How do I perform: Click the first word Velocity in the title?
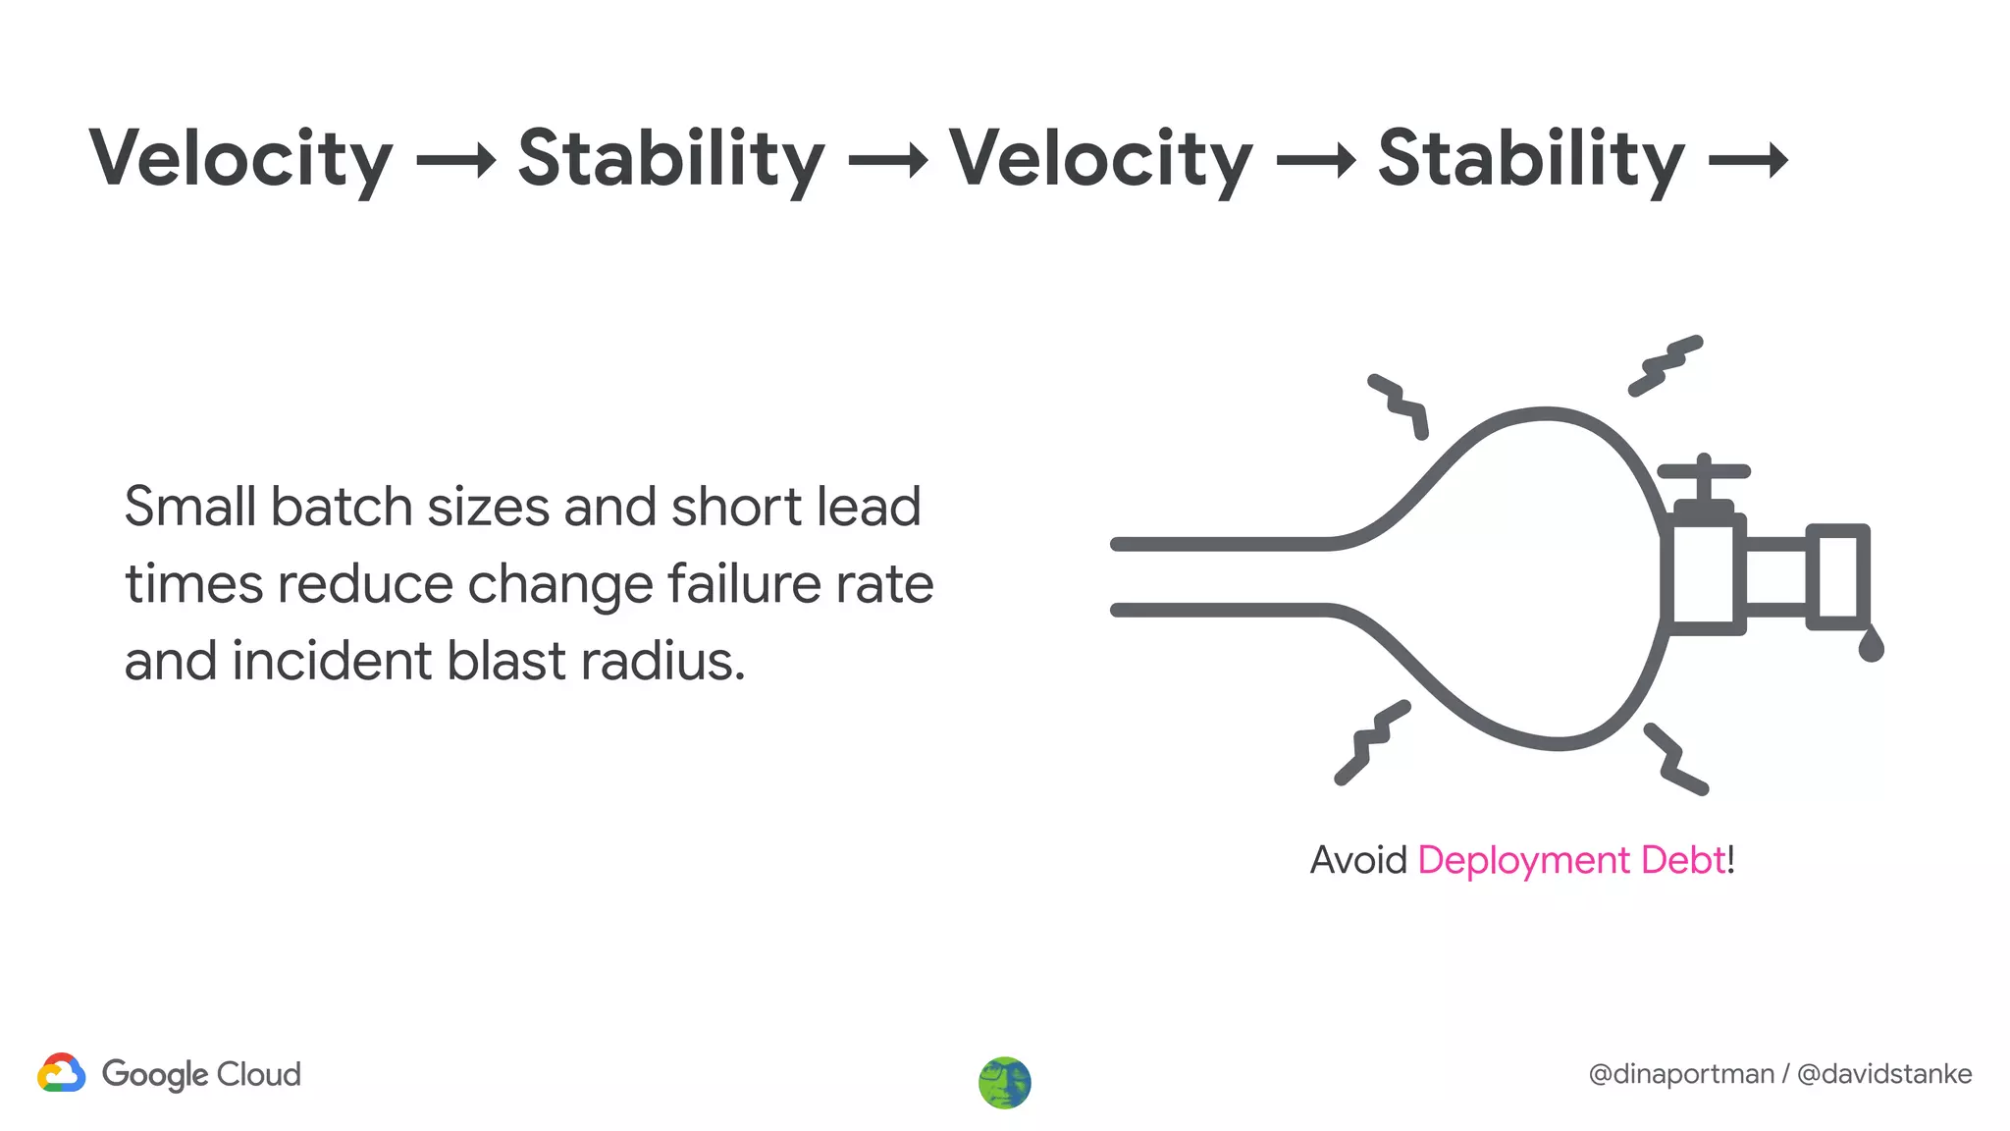pos(240,159)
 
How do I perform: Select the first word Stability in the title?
pos(671,159)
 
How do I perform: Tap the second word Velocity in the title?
pos(1101,159)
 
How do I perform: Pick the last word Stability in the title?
pos(1531,159)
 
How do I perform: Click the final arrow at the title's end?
pos(1749,161)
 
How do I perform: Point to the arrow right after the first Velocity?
pos(456,161)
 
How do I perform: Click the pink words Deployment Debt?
pos(1571,860)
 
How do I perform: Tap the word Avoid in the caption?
pos(1358,860)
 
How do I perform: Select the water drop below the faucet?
pos(1871,645)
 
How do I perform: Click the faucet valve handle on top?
pos(1704,472)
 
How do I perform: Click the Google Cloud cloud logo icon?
pos(62,1073)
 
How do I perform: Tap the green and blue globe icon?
pos(1005,1083)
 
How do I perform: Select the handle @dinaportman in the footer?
pos(1680,1074)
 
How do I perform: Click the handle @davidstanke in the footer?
pos(1884,1074)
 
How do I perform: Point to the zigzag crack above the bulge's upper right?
pos(1666,364)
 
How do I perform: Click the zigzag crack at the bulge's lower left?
pos(1372,742)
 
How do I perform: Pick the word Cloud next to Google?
pos(258,1074)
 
